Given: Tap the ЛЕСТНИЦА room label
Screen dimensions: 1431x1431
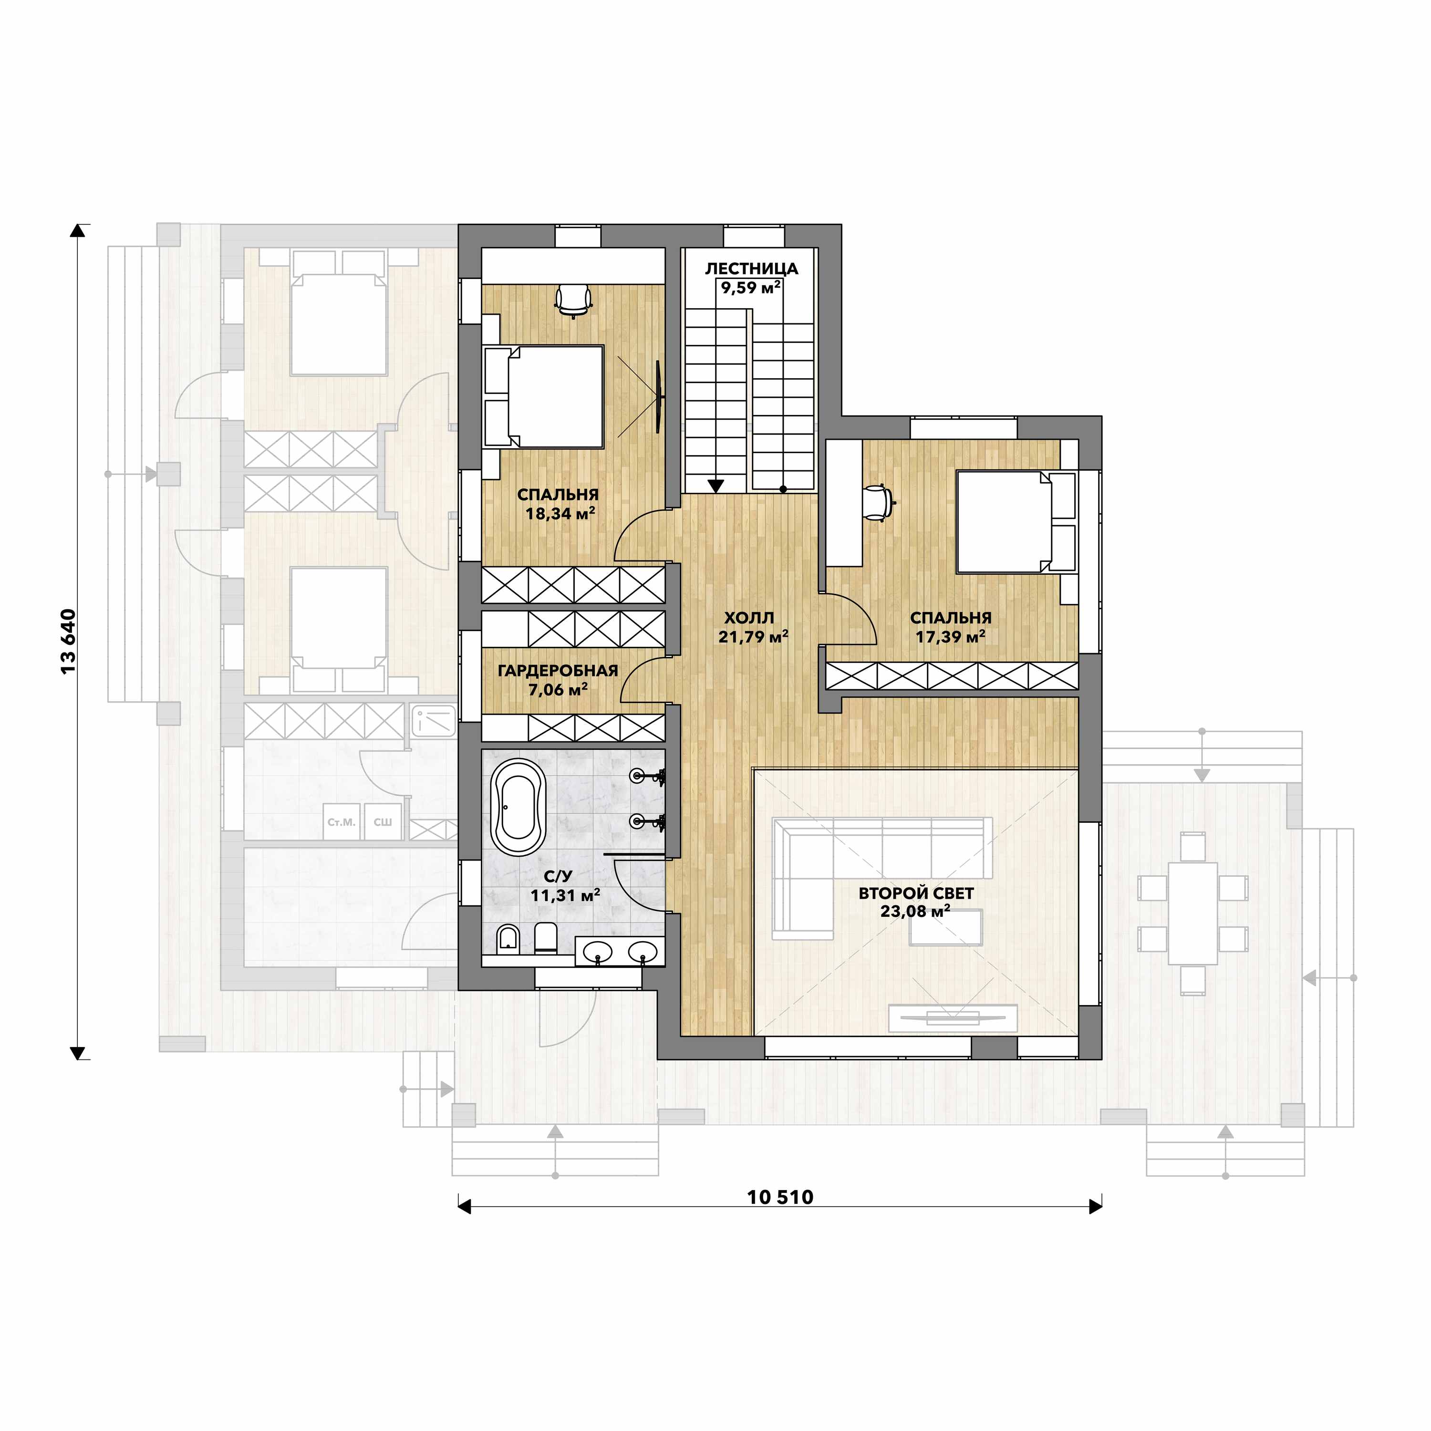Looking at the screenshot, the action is tap(751, 269).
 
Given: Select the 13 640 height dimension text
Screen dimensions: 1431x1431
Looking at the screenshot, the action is tap(68, 642).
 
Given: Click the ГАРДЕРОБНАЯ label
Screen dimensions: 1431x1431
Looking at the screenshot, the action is tap(558, 671).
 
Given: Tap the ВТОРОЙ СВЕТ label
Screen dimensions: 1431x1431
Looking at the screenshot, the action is tap(916, 893).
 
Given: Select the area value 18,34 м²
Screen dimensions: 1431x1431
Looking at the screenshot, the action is tap(560, 513).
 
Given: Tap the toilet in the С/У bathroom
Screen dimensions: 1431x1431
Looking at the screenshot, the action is tap(545, 938).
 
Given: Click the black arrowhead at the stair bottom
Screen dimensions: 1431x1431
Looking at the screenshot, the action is tap(715, 486).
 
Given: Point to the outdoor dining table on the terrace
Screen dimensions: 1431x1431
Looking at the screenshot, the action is tap(1192, 913).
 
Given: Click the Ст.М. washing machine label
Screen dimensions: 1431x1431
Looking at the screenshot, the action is tap(342, 822).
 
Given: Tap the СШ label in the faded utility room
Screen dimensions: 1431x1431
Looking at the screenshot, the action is tap(382, 822).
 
